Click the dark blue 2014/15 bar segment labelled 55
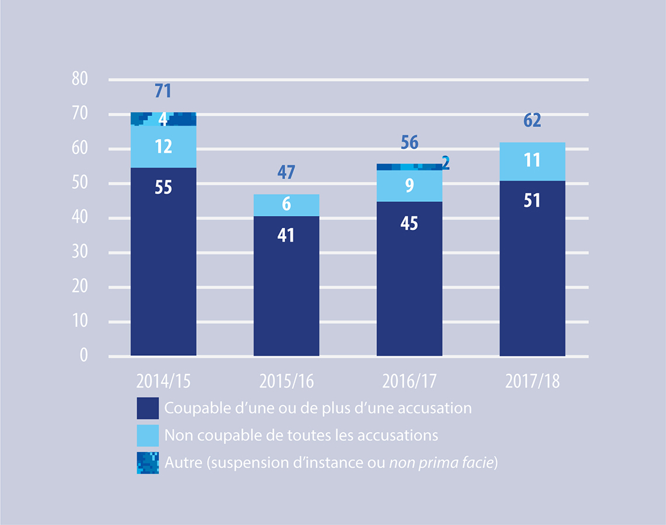164,262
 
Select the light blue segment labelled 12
164,147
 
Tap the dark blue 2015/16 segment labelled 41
286,286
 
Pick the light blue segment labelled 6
286,205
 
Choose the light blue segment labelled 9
409,186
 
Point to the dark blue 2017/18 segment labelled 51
532,268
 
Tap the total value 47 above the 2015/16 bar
286,173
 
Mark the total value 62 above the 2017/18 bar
532,121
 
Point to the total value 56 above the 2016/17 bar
409,143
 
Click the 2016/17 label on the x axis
409,381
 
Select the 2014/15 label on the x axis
164,381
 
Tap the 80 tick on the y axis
80,79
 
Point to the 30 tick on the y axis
80,253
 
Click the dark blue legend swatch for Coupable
148,408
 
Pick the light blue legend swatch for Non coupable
148,435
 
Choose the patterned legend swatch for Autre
148,463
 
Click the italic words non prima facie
442,463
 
